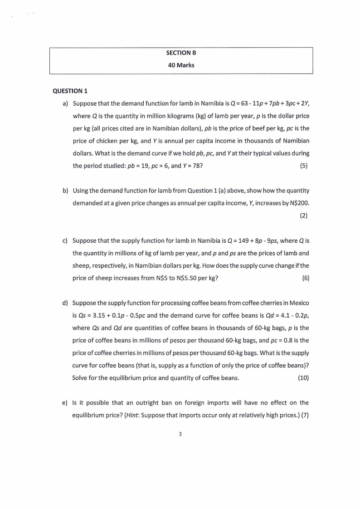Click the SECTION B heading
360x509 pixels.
coord(181,53)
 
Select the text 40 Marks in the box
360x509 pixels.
coord(181,65)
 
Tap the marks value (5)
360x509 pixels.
coord(304,166)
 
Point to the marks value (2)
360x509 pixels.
coord(304,215)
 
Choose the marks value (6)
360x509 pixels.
coord(305,278)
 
